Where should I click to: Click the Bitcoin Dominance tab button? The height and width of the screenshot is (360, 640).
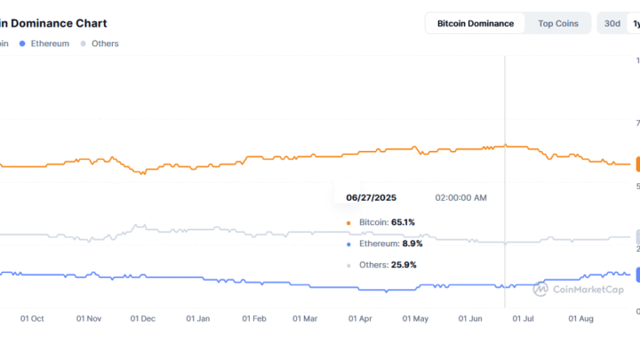[x=475, y=23]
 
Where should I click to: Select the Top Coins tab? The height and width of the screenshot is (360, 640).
[x=558, y=23]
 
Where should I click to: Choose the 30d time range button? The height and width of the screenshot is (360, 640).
[x=612, y=23]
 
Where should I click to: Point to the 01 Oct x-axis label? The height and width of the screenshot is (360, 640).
[x=32, y=317]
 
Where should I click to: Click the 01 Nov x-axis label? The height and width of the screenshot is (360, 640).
[x=89, y=317]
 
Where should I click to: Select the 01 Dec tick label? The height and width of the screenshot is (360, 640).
[x=143, y=317]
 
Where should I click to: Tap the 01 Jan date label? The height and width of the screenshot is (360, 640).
[x=198, y=317]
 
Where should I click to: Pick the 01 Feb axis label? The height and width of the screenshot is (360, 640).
[x=254, y=317]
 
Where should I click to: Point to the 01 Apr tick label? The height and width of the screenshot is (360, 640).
[x=360, y=317]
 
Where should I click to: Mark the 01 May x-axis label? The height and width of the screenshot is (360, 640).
[x=415, y=317]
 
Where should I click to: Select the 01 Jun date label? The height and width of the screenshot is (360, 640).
[x=469, y=317]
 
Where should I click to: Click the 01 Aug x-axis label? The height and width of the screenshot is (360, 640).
[x=580, y=317]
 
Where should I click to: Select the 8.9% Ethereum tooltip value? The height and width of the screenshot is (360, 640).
[x=412, y=244]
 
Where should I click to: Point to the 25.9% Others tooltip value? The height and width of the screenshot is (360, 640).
[x=403, y=265]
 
